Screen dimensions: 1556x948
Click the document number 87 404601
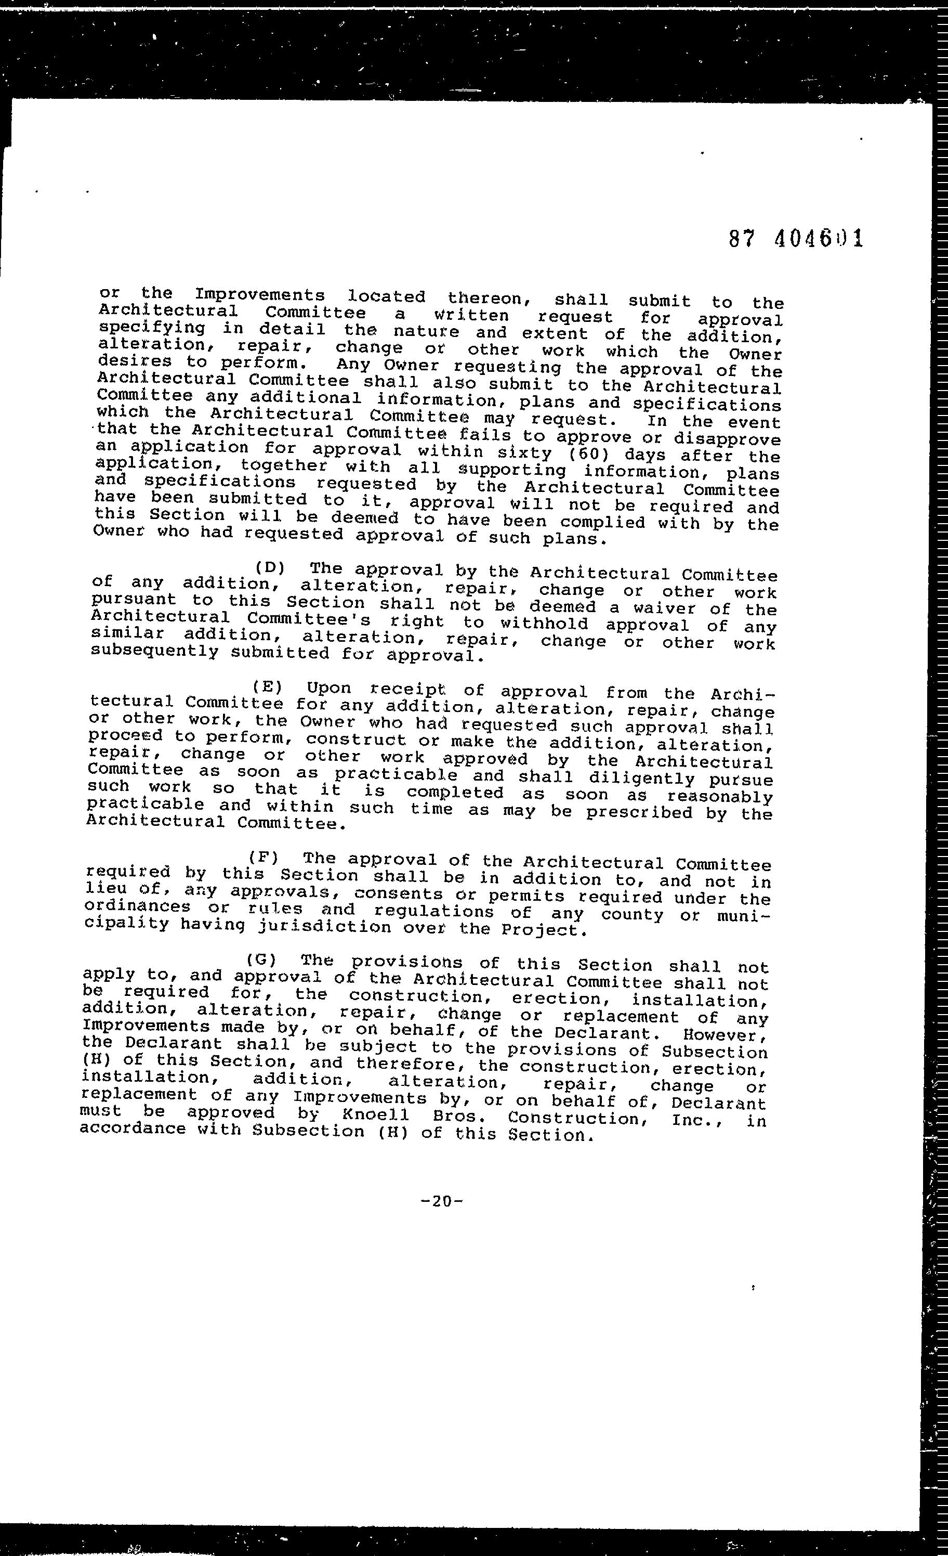point(795,239)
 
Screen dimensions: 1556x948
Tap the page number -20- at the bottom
point(442,1201)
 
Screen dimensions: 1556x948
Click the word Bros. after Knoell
point(459,1117)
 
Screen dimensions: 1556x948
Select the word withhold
point(544,624)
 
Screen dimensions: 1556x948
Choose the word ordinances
point(136,907)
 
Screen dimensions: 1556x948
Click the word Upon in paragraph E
point(328,688)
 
